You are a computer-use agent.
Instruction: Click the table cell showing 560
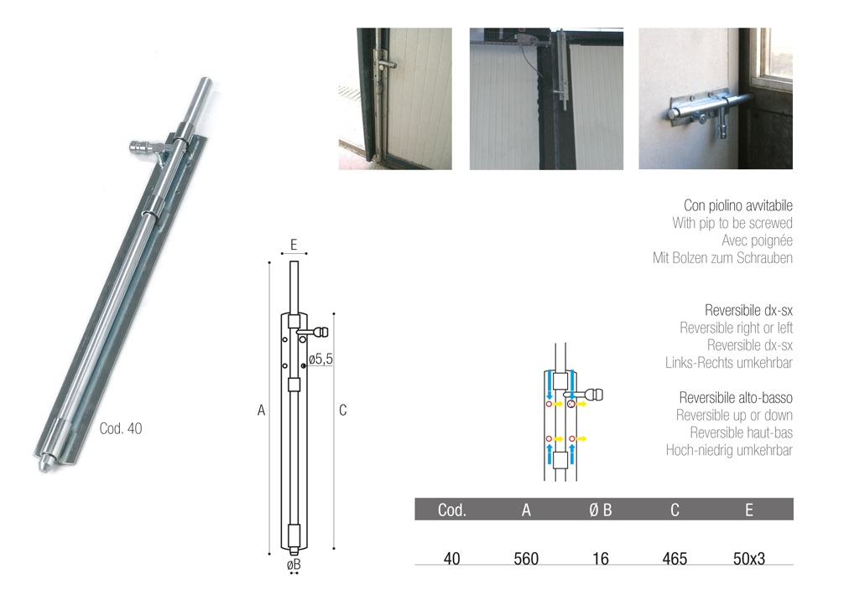tap(526, 559)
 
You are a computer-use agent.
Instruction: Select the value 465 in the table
tap(675, 559)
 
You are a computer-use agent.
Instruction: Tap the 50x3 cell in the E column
tap(749, 559)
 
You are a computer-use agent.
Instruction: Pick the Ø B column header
tap(601, 509)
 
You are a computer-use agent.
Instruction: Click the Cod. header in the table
tap(451, 509)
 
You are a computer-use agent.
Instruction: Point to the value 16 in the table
tap(601, 559)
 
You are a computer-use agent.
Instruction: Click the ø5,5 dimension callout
tap(320, 359)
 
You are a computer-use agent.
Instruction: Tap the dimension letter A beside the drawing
tap(261, 411)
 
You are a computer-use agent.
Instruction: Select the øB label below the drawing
tap(294, 565)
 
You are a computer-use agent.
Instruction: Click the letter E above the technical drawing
tap(294, 245)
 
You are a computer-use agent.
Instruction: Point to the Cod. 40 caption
tap(121, 429)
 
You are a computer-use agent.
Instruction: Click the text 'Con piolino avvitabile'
tap(738, 205)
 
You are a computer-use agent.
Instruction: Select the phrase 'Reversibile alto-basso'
tap(736, 398)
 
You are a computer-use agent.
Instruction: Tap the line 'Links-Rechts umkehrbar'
tap(729, 363)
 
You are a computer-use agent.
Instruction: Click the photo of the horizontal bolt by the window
tap(716, 98)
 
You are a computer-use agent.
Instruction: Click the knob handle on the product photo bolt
tap(141, 147)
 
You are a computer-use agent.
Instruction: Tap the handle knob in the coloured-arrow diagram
tap(595, 395)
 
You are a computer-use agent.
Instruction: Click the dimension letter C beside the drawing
tap(343, 411)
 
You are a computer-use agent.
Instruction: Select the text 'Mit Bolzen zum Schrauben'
tap(722, 258)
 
